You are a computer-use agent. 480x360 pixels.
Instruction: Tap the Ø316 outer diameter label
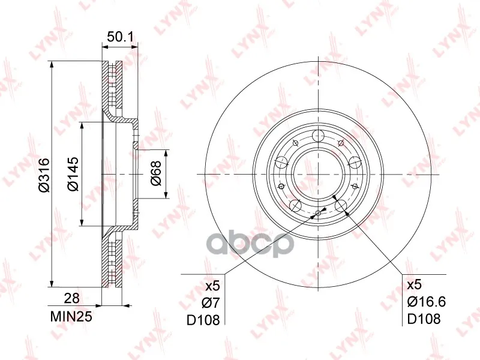(44, 175)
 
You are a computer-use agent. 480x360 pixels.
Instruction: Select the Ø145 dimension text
(73, 174)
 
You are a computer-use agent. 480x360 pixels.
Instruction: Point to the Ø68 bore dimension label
(156, 173)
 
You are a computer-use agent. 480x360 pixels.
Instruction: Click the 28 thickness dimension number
(71, 298)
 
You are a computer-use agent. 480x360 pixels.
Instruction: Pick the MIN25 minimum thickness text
(71, 317)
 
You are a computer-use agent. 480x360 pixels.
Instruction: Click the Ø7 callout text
(211, 303)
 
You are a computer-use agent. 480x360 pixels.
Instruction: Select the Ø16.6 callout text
(427, 302)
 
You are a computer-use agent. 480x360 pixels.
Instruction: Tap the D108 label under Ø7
(203, 320)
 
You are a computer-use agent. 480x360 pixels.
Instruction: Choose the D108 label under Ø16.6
(424, 319)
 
